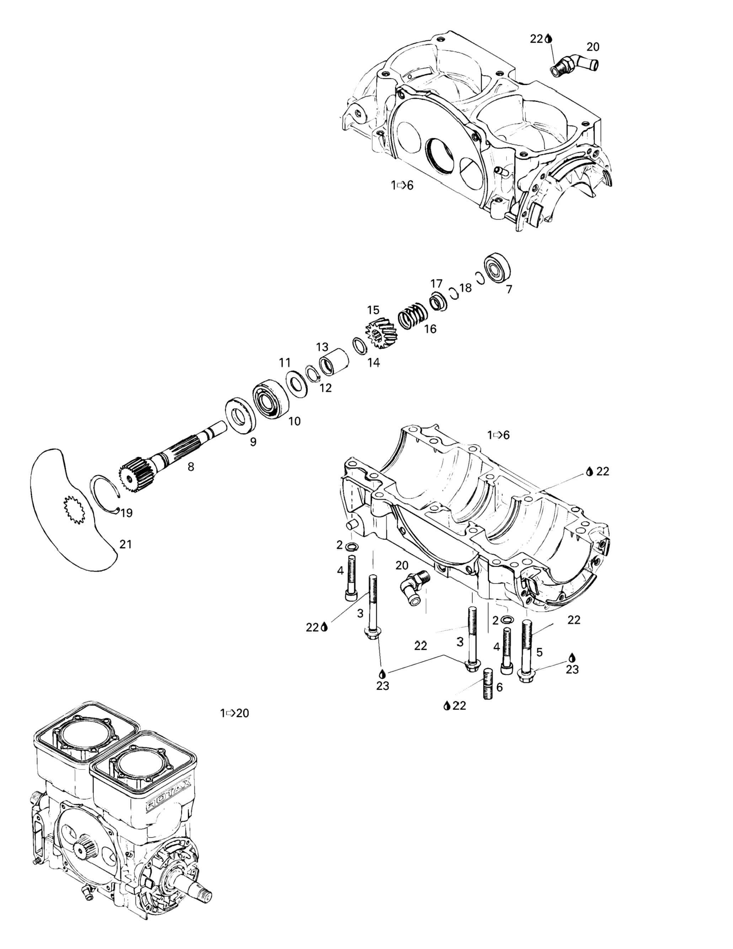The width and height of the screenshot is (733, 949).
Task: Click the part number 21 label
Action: point(125,544)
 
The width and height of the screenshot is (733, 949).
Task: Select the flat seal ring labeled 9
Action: point(241,415)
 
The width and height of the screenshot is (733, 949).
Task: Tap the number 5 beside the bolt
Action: point(540,652)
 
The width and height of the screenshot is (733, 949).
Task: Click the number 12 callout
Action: point(325,388)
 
